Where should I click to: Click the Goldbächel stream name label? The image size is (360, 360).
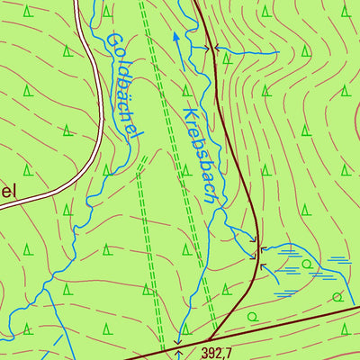125,86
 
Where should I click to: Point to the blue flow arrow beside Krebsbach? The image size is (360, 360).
175,40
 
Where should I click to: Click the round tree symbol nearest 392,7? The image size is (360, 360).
252,316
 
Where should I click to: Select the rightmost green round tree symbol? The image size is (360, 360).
337,296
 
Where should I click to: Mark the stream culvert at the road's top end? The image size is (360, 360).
215,49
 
